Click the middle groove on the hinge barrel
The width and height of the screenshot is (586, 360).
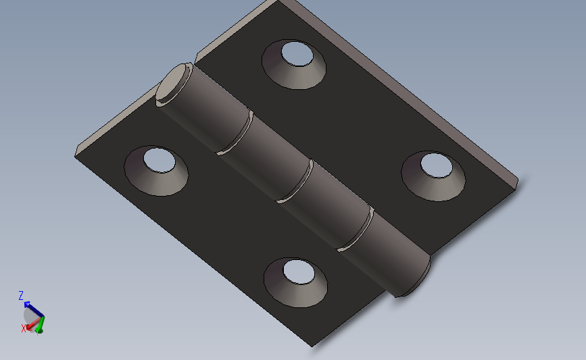(295, 181)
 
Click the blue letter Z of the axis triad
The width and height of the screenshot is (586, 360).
(21, 295)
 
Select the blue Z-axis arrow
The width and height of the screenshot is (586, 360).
(32, 308)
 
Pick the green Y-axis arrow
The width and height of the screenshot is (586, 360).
(39, 327)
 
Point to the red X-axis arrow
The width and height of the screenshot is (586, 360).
(31, 325)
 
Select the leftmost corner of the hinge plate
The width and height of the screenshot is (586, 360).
(76, 154)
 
